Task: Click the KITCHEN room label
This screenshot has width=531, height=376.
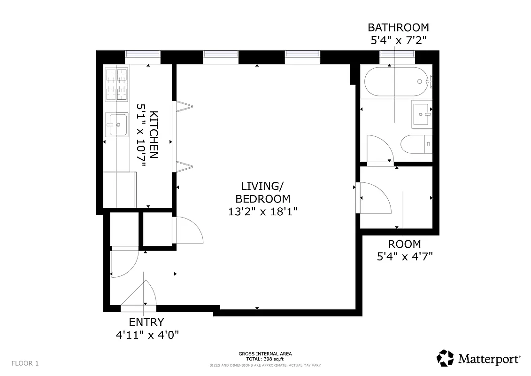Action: pos(154,135)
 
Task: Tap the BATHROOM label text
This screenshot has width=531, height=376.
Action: pos(398,27)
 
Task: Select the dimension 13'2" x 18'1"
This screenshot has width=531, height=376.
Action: pos(263,211)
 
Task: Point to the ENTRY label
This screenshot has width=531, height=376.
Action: pos(146,322)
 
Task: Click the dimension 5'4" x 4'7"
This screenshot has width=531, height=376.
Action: pos(405,257)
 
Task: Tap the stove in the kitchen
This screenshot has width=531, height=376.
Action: pos(116,84)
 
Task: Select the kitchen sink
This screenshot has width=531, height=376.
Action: pos(116,125)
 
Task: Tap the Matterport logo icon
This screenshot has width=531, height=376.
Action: pos(445,358)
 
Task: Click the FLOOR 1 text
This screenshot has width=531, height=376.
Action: pos(25,363)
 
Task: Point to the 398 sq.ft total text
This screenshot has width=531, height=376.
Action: pos(265,359)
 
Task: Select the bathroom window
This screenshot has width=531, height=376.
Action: pos(397,56)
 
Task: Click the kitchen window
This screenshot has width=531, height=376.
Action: pos(143,56)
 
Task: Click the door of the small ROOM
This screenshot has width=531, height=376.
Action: pos(374,197)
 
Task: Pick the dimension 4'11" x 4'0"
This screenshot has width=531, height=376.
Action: pos(147,335)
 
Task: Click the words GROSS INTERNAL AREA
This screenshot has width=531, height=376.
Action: pos(265,353)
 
